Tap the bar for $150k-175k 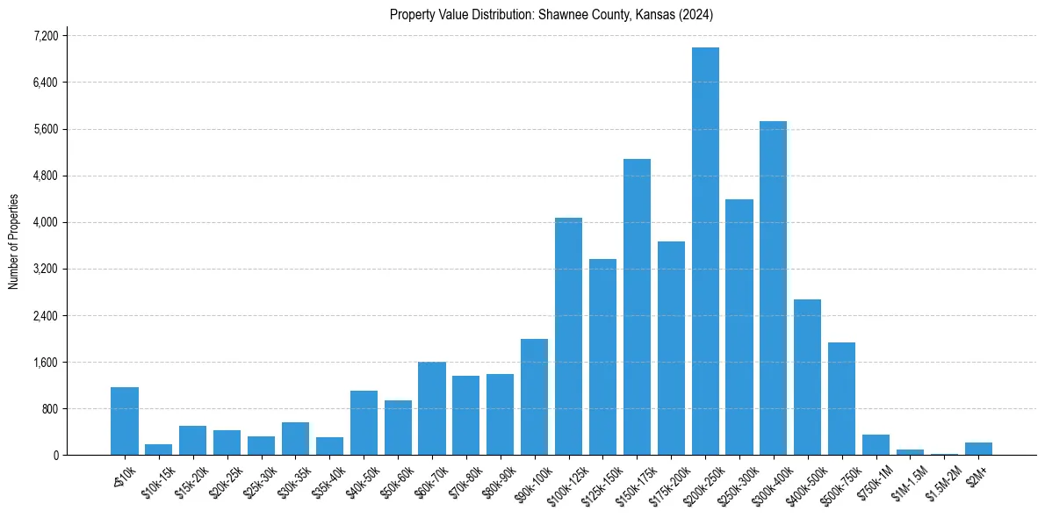[x=637, y=307]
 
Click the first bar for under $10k [x=125, y=421]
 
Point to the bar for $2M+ [x=978, y=449]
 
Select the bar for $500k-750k [x=841, y=399]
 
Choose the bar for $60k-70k [x=431, y=408]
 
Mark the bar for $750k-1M [x=876, y=445]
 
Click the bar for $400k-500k [x=807, y=378]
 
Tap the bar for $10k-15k [x=159, y=450]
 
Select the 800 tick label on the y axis [x=49, y=409]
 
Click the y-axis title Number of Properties [x=14, y=241]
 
